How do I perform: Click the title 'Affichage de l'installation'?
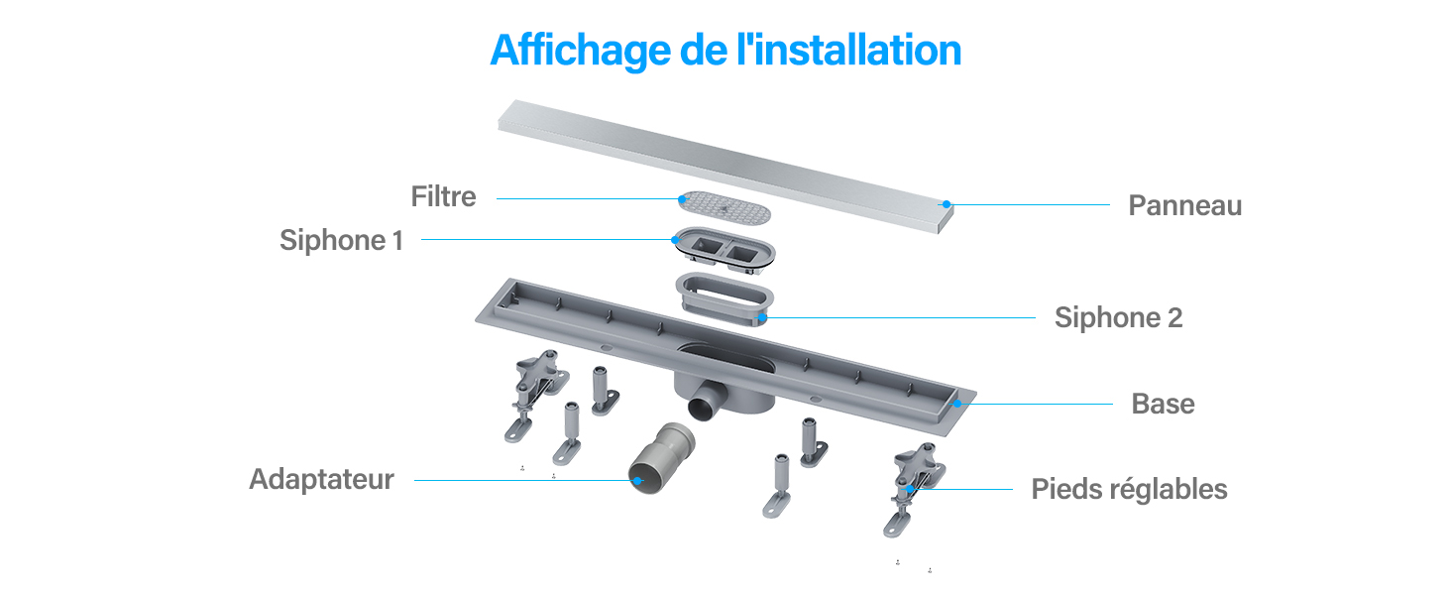click(725, 51)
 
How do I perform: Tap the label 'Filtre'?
click(444, 196)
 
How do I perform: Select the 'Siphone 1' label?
click(341, 240)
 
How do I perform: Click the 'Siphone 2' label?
click(1119, 317)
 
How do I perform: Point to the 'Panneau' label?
click(1185, 205)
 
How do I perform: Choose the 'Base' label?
click(1164, 404)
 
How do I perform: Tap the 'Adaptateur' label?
click(322, 480)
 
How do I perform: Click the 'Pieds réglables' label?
click(1130, 489)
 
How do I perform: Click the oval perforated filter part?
click(725, 207)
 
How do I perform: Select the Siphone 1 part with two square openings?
click(725, 249)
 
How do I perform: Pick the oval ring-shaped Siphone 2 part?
click(725, 298)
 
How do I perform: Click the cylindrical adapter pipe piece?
click(661, 457)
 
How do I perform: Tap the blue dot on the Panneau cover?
click(947, 204)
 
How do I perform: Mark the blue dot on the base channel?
click(957, 404)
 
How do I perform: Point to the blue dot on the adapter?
click(638, 480)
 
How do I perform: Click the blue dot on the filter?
click(682, 199)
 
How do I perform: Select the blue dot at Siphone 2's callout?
click(763, 317)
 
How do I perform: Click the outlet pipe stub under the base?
click(707, 401)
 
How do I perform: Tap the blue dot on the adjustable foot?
click(910, 489)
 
